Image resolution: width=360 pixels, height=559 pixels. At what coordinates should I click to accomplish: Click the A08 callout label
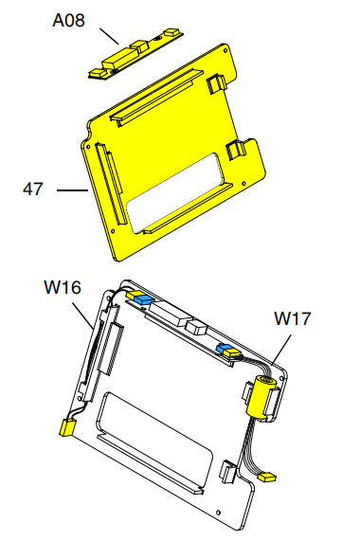pos(68,20)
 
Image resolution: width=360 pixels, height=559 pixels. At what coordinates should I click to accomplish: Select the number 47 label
pos(33,189)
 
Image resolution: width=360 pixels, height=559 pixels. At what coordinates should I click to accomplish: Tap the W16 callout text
pos(63,287)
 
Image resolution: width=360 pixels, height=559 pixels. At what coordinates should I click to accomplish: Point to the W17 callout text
pos(293,318)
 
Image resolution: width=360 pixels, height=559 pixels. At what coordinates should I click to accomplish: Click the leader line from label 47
pos(72,190)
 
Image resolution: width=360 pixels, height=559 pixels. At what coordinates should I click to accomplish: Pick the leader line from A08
pos(110,36)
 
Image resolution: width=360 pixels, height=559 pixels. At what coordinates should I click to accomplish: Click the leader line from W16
pos(83,316)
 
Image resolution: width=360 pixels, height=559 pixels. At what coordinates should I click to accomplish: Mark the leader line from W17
pos(281,350)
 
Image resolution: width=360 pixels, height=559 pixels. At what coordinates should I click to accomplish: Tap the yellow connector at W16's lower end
pos(67,427)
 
